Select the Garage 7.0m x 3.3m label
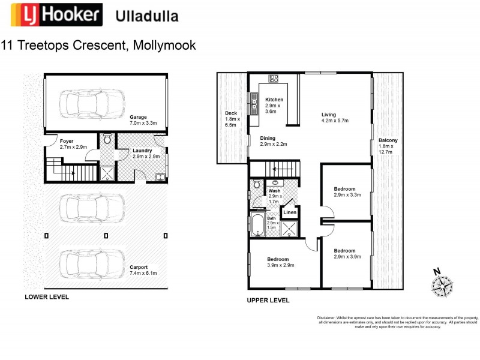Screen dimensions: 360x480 pyautogui.click(x=143, y=119)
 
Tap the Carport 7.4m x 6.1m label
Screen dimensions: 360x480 pyautogui.click(x=143, y=270)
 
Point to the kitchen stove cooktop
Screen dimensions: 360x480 pyautogui.click(x=274, y=78)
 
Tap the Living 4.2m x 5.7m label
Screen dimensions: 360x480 pyautogui.click(x=335, y=118)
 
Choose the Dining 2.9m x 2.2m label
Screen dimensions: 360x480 pyautogui.click(x=274, y=142)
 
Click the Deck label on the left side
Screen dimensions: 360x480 pyautogui.click(x=232, y=119)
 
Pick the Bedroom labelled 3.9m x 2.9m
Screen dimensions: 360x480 pyautogui.click(x=280, y=262)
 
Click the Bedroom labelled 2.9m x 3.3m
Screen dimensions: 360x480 pyautogui.click(x=347, y=191)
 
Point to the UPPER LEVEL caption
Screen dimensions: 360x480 pyautogui.click(x=268, y=300)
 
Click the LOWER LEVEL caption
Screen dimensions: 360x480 pyautogui.click(x=46, y=297)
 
